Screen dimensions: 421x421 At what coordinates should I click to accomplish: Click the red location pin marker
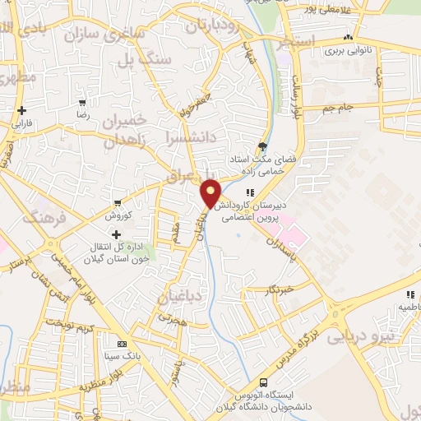[211, 192]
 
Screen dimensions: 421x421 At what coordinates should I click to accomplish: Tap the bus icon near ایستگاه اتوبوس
[263, 382]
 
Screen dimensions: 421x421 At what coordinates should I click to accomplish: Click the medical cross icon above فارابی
[21, 110]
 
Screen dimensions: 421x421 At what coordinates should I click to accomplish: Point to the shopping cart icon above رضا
[82, 104]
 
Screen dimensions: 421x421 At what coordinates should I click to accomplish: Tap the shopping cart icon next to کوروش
[118, 202]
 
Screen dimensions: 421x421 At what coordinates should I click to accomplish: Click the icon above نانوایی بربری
[349, 37]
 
